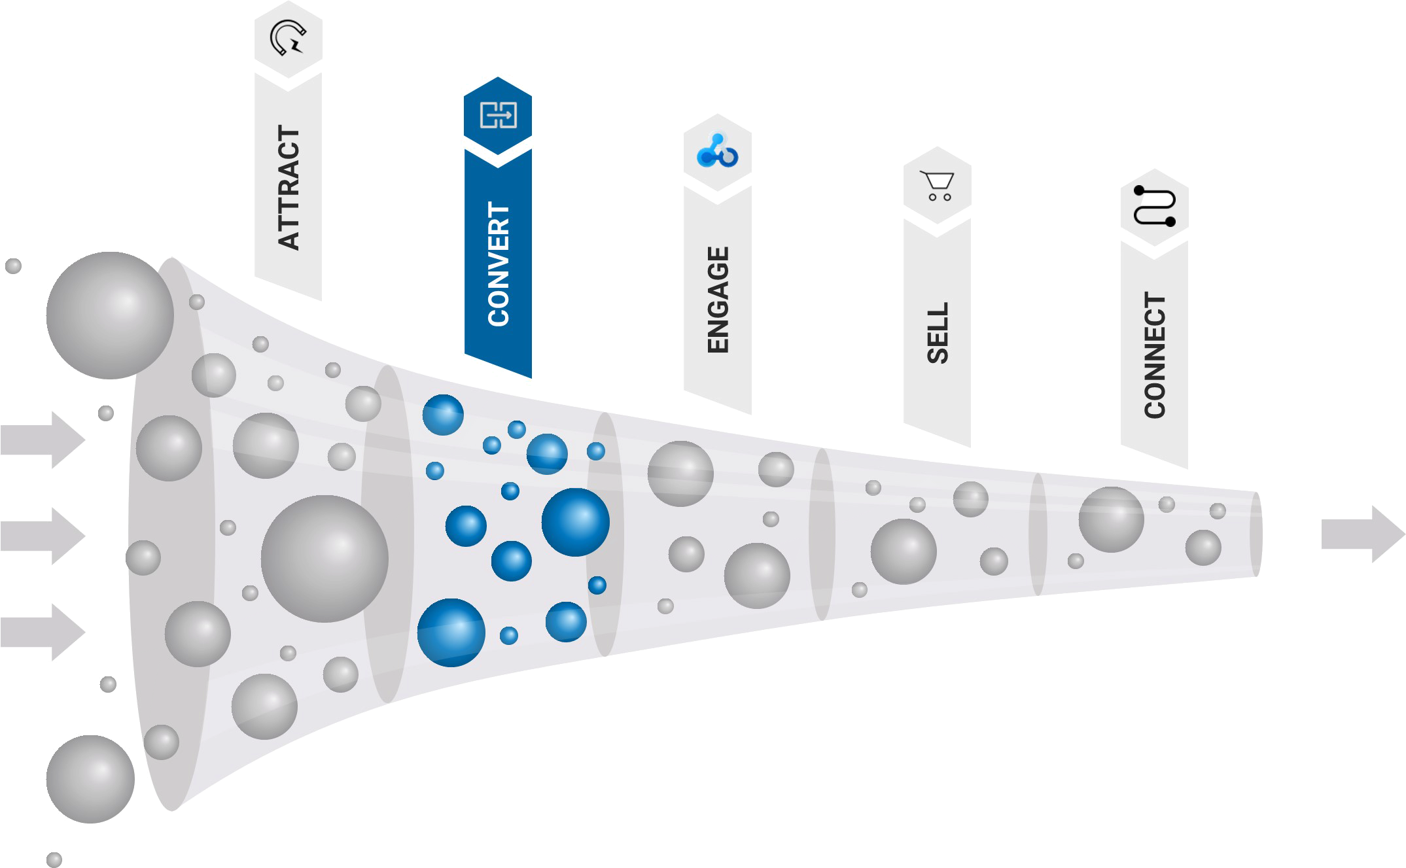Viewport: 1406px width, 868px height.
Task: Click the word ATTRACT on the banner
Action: coord(289,188)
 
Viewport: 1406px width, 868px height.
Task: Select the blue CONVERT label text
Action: coord(499,264)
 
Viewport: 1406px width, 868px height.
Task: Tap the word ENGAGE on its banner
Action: coord(718,300)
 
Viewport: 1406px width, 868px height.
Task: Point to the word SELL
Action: coord(938,332)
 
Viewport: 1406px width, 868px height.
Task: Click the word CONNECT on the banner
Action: coord(1155,355)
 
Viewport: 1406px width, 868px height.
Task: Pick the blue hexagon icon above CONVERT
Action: coord(498,115)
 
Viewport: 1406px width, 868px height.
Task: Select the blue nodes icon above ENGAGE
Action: coord(717,151)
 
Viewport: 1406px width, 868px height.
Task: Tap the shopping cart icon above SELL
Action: coord(938,184)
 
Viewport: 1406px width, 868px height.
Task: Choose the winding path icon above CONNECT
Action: coord(1155,207)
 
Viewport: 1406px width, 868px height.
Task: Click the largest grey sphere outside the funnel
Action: coord(109,315)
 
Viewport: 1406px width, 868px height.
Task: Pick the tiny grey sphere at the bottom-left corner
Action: coord(54,859)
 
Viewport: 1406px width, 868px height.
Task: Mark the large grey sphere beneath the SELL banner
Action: coord(903,552)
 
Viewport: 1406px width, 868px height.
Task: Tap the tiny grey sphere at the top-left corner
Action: coord(13,266)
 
